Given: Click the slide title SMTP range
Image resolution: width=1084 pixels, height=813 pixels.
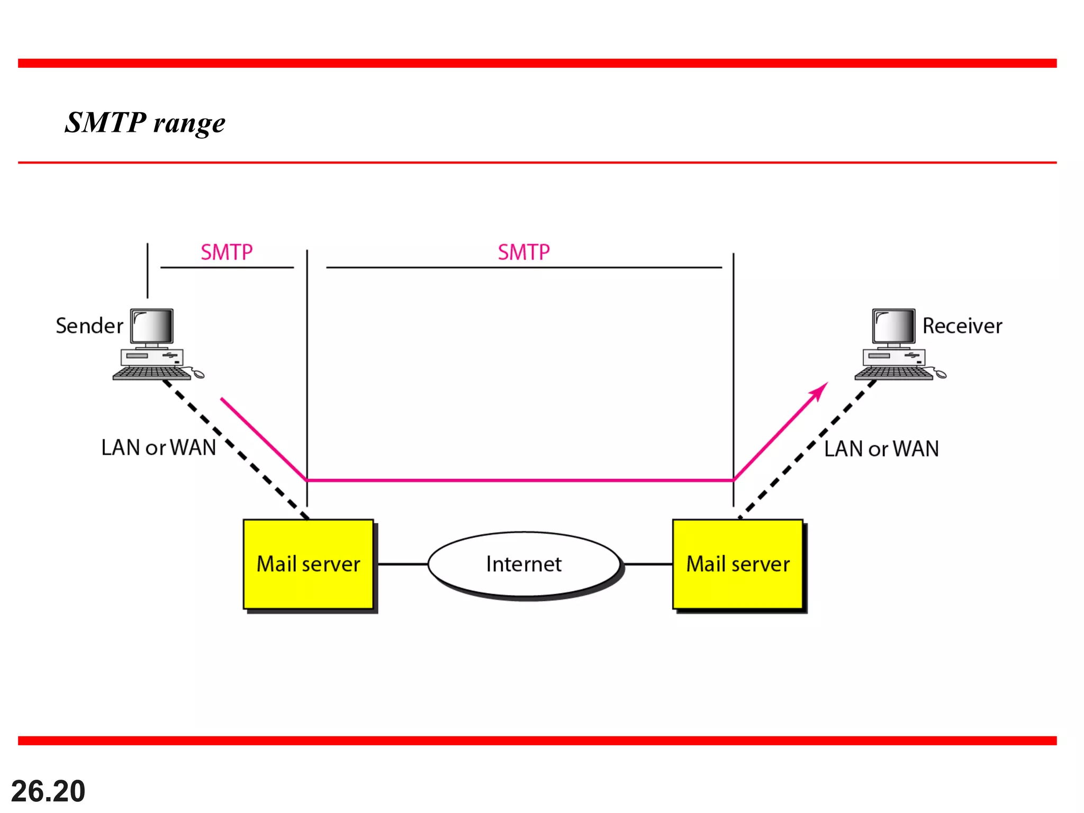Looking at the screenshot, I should tap(145, 123).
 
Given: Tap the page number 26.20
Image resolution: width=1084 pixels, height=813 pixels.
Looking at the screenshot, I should tap(48, 791).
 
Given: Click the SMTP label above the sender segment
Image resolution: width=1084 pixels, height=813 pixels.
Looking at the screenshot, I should tap(227, 252).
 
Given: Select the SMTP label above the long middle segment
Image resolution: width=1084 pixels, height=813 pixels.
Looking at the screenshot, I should tap(523, 252).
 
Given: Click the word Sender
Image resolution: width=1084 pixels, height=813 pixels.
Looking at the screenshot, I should tap(89, 326).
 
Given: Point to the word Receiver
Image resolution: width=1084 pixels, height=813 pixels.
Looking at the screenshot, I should tap(962, 326).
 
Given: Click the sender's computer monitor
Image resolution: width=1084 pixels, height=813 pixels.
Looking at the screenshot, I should tap(152, 327).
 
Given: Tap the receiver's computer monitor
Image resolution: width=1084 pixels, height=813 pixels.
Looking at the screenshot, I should tap(893, 327).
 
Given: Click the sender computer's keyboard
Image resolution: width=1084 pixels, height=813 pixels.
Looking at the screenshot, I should tap(151, 373).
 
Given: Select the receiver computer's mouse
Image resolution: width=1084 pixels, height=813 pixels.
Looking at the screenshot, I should tap(941, 374).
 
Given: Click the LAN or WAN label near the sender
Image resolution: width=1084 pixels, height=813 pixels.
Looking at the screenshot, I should tap(158, 448).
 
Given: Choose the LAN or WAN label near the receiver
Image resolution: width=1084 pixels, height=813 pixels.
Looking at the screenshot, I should tap(881, 449).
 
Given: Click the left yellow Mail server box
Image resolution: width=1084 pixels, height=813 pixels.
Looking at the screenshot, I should tap(308, 564).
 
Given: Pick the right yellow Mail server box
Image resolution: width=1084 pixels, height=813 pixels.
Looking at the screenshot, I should tap(738, 564).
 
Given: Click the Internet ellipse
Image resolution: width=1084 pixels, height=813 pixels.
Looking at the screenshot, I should tap(523, 564).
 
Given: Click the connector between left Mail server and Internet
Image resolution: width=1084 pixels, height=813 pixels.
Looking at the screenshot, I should tap(402, 564).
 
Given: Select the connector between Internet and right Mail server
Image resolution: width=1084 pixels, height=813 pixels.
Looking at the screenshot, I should tap(648, 564).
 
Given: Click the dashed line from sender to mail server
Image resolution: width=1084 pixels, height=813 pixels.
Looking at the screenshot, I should tap(238, 450).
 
